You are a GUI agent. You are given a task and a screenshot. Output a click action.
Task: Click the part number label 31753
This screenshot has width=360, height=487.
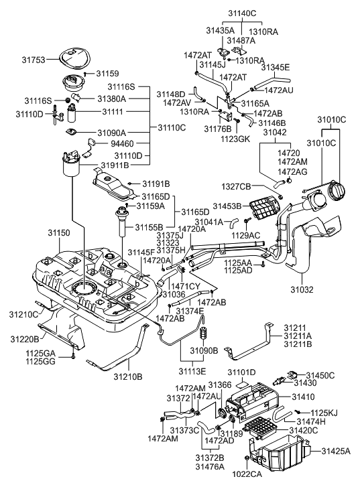click(36, 60)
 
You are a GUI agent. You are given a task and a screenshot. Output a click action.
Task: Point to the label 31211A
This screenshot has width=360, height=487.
click(298, 336)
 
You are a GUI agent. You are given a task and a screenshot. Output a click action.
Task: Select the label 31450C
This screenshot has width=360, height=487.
click(319, 375)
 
